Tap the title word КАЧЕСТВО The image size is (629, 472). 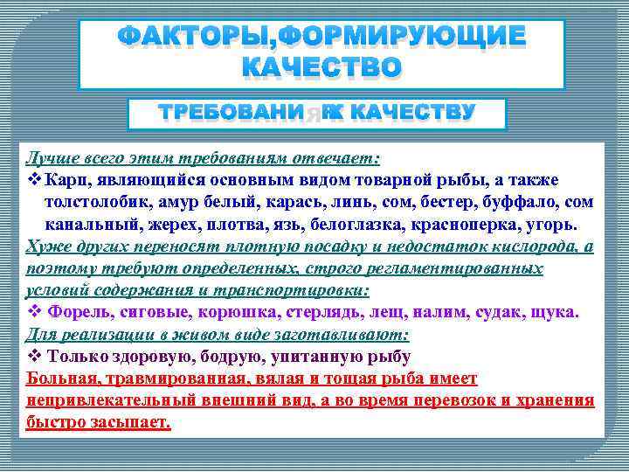coord(321,67)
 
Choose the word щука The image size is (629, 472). coord(550,312)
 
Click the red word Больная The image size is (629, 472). coord(62,379)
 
